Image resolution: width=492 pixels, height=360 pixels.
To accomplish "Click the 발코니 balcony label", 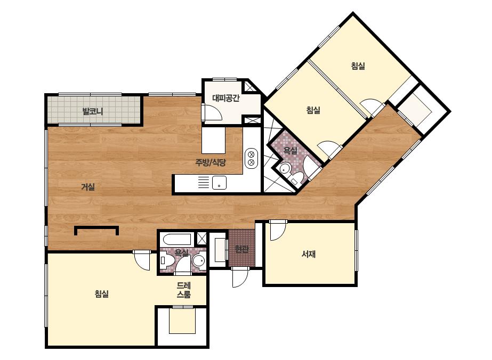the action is pyautogui.click(x=93, y=111).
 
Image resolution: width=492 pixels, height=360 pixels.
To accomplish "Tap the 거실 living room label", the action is pyautogui.click(x=88, y=187).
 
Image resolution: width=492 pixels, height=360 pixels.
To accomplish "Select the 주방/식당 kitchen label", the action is pyautogui.click(x=211, y=162).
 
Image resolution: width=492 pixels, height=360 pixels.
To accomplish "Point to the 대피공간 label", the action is pyautogui.click(x=226, y=98).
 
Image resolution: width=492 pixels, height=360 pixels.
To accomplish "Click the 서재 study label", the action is pyautogui.click(x=309, y=254).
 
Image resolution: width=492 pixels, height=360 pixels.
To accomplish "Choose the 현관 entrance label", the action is pyautogui.click(x=242, y=249).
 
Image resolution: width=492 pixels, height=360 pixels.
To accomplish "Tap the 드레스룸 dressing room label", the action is pyautogui.click(x=183, y=290).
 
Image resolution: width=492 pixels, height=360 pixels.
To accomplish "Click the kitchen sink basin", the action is pyautogui.click(x=219, y=183).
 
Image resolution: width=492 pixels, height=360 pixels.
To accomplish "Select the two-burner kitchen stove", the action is pyautogui.click(x=251, y=158).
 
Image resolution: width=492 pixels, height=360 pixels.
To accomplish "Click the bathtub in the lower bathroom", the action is pyautogui.click(x=178, y=240).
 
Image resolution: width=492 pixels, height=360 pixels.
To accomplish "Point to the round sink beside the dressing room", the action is pyautogui.click(x=198, y=260).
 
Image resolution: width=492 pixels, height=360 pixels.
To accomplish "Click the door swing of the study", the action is pyautogui.click(x=277, y=231).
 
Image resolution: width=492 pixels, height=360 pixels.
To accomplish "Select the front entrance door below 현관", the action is pyautogui.click(x=240, y=277).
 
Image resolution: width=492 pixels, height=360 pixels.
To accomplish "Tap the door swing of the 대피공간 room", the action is pyautogui.click(x=213, y=112).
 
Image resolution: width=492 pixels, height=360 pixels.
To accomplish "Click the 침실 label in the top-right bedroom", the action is pyautogui.click(x=358, y=66).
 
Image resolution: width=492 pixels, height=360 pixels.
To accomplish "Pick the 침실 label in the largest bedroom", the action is pyautogui.click(x=102, y=294).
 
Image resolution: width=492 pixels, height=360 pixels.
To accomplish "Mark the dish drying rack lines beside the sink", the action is pyautogui.click(x=204, y=183).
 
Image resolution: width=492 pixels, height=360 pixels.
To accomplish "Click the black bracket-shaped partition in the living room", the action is pyautogui.click(x=96, y=231).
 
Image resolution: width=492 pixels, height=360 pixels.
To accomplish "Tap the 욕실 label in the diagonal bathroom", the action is pyautogui.click(x=290, y=151).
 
